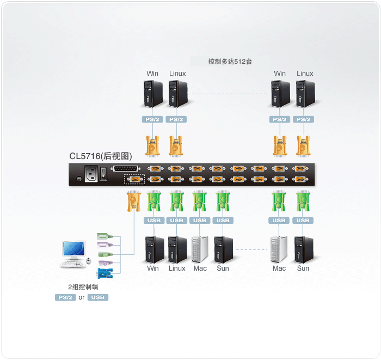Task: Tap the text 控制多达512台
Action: (230, 62)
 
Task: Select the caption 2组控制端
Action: (83, 287)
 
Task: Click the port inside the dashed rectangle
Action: (134, 179)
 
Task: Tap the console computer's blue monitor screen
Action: (73, 249)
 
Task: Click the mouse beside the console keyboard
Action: (89, 262)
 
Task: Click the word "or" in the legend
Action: (82, 297)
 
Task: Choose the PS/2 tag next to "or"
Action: (65, 297)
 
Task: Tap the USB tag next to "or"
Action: (98, 297)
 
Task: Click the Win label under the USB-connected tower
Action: (153, 268)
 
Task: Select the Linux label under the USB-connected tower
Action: (177, 268)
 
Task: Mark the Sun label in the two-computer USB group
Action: (303, 268)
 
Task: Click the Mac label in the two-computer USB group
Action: (279, 268)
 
